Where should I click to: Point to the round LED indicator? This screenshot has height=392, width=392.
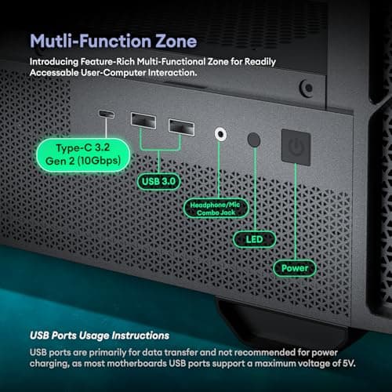click(x=253, y=139)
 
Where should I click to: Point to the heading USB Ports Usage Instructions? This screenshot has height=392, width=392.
click(x=100, y=336)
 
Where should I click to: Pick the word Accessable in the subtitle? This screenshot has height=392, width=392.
click(x=56, y=76)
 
